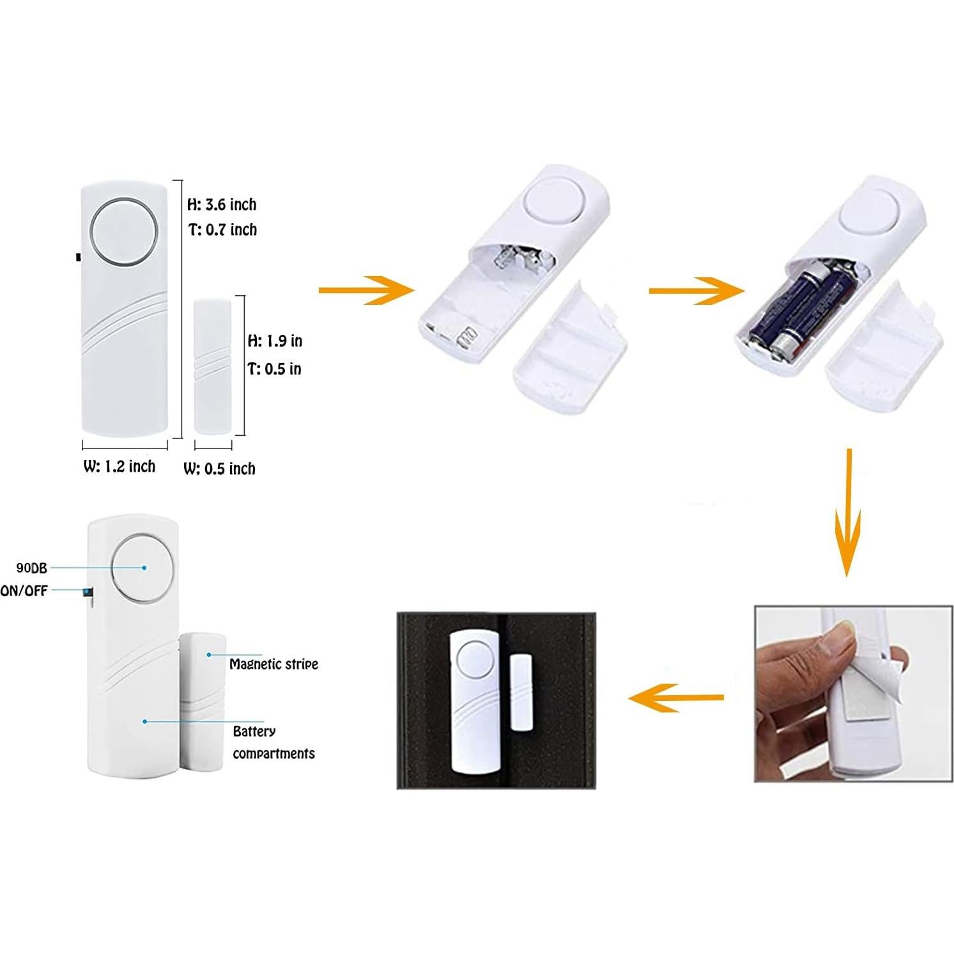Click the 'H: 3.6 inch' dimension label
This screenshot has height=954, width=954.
(x=222, y=204)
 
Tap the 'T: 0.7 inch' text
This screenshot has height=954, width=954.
(x=222, y=229)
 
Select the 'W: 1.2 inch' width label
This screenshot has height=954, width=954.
(x=119, y=466)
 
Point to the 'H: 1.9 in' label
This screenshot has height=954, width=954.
(x=275, y=341)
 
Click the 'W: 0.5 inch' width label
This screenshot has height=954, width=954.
(x=219, y=468)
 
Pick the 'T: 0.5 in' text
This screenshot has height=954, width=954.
(x=274, y=369)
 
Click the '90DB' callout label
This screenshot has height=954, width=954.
(x=31, y=567)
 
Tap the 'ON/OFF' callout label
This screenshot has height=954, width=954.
(x=24, y=590)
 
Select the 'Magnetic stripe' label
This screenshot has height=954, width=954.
(x=273, y=664)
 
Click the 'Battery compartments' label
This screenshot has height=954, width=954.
(x=273, y=742)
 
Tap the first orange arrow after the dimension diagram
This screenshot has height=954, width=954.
(x=366, y=290)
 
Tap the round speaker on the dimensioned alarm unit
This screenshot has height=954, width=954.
(x=124, y=232)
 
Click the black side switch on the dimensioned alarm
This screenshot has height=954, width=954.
(x=78, y=257)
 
